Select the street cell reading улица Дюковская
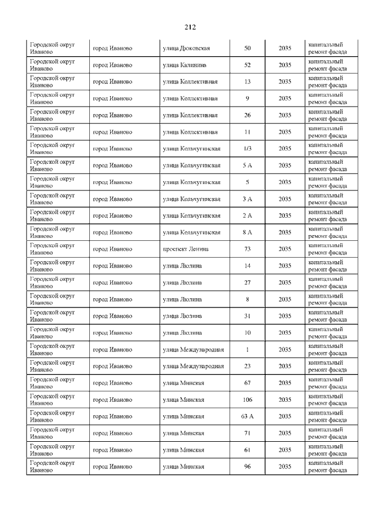[x=186, y=48]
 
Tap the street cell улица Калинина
[x=184, y=65]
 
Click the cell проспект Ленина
[x=185, y=249]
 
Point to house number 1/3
[x=247, y=148]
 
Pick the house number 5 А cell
[x=247, y=165]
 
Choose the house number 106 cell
[x=247, y=400]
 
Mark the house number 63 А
[x=247, y=416]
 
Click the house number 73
[x=247, y=249]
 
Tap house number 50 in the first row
[x=247, y=48]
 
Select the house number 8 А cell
[x=247, y=232]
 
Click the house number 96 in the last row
[x=247, y=467]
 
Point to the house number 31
[x=247, y=316]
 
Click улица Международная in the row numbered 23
[x=193, y=366]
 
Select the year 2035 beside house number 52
[x=285, y=65]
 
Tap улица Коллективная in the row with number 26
[x=190, y=115]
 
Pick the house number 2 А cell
[x=247, y=215]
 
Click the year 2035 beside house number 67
[x=285, y=383]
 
